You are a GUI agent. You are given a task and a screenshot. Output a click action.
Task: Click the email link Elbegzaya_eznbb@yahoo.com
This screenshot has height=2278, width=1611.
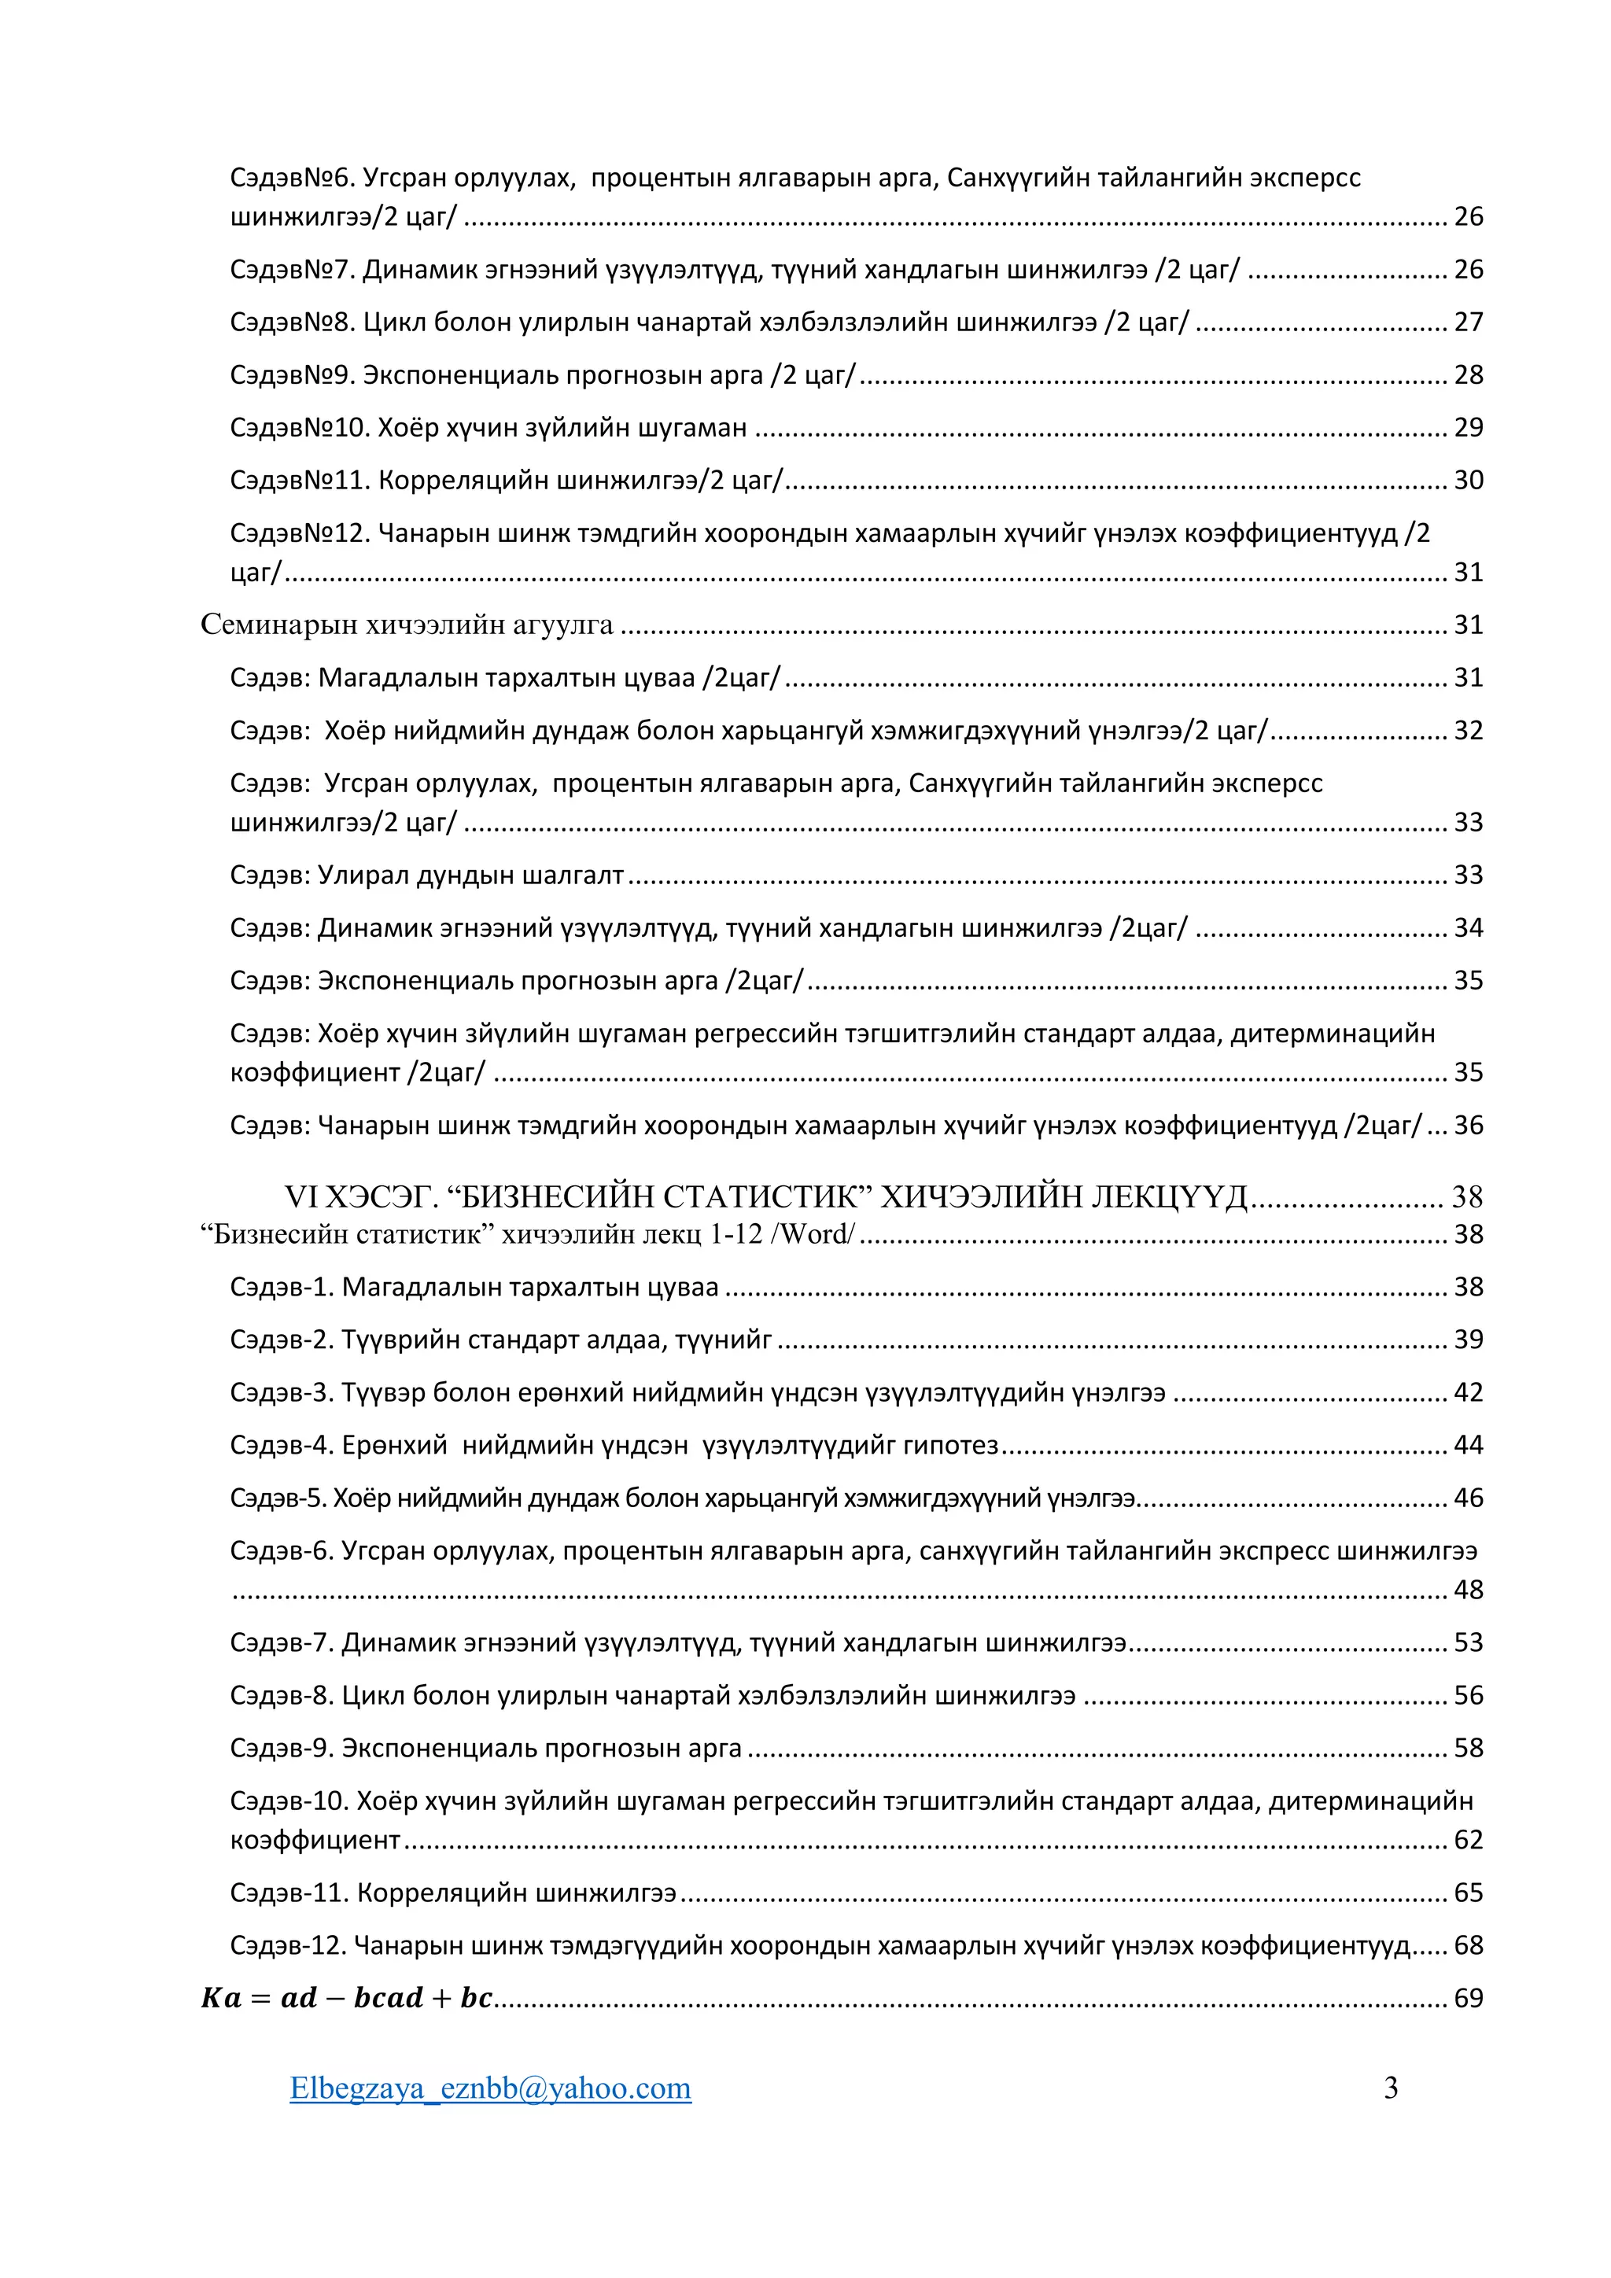coord(490,2088)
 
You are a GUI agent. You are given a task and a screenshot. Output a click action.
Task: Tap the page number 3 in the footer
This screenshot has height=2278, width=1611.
coord(1391,2088)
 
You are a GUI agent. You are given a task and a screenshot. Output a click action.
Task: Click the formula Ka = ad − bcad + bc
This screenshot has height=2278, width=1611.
coord(347,1997)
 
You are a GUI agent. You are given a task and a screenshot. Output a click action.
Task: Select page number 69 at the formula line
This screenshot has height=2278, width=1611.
coord(1468,1998)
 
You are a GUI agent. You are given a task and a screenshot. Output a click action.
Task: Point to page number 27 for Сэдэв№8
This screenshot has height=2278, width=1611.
coord(1468,322)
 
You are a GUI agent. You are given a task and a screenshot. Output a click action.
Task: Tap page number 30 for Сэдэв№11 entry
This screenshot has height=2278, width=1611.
coord(1468,480)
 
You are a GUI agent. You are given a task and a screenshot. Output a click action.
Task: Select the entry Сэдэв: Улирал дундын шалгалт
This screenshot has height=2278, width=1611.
coord(426,875)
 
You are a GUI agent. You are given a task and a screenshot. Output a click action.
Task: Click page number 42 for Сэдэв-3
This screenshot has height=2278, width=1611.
coord(1468,1392)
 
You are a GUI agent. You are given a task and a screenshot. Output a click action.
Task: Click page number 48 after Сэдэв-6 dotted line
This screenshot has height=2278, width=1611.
coord(1468,1590)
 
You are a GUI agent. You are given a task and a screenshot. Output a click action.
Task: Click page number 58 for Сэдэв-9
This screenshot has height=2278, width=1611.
coord(1468,1747)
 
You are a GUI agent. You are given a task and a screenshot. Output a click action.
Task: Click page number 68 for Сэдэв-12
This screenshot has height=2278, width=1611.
coord(1468,1944)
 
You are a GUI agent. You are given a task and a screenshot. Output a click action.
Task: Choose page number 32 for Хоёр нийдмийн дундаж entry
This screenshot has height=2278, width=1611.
coord(1468,730)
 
